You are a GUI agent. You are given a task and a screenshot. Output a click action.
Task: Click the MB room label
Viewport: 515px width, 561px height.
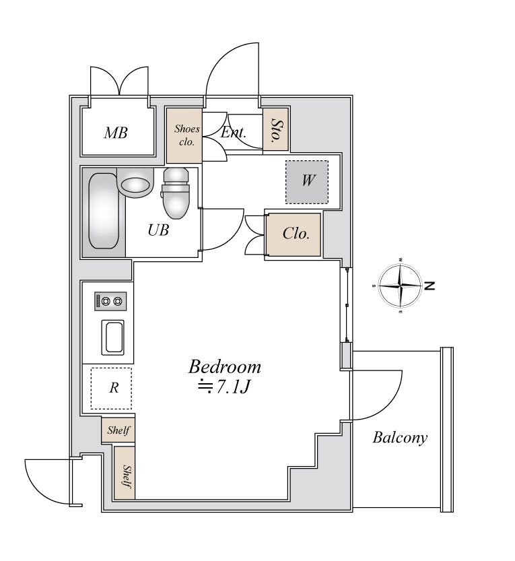click(116, 133)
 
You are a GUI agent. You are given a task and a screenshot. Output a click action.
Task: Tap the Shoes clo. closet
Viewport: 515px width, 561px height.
click(184, 135)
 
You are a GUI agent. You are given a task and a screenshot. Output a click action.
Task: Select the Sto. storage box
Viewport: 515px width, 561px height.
click(275, 129)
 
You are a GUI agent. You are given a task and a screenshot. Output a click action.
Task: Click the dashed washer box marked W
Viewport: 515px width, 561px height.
click(307, 182)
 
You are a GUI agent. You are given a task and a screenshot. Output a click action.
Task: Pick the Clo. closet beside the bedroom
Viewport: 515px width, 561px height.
click(294, 234)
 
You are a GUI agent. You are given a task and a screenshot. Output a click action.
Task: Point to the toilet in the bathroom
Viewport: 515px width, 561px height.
click(175, 193)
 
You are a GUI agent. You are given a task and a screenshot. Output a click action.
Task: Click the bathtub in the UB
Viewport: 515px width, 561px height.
click(104, 211)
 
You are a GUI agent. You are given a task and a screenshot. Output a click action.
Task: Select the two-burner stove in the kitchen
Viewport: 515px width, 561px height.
click(110, 301)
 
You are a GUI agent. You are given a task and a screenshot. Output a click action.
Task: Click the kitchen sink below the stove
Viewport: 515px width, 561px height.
click(113, 337)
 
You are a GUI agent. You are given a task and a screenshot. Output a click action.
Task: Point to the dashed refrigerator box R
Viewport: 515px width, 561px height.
click(111, 388)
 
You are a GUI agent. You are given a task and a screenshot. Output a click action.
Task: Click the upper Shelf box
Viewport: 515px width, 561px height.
click(118, 430)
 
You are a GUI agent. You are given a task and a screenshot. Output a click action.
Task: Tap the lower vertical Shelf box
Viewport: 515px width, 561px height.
click(125, 472)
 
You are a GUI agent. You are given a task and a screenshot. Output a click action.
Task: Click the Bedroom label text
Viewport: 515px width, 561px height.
click(225, 367)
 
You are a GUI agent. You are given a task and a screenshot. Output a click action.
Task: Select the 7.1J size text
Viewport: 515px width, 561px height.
click(224, 387)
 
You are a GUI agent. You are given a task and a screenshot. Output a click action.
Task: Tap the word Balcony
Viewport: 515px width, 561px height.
click(400, 437)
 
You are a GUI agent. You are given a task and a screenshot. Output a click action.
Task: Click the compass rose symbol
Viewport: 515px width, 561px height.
click(400, 286)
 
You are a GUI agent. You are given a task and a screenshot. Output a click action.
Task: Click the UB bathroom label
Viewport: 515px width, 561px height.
click(158, 230)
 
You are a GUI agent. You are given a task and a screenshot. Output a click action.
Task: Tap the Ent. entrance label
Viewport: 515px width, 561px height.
click(234, 133)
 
